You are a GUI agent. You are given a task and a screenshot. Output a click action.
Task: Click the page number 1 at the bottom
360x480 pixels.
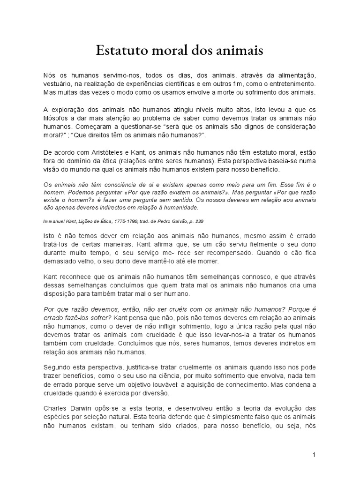(x=315, y=455)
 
